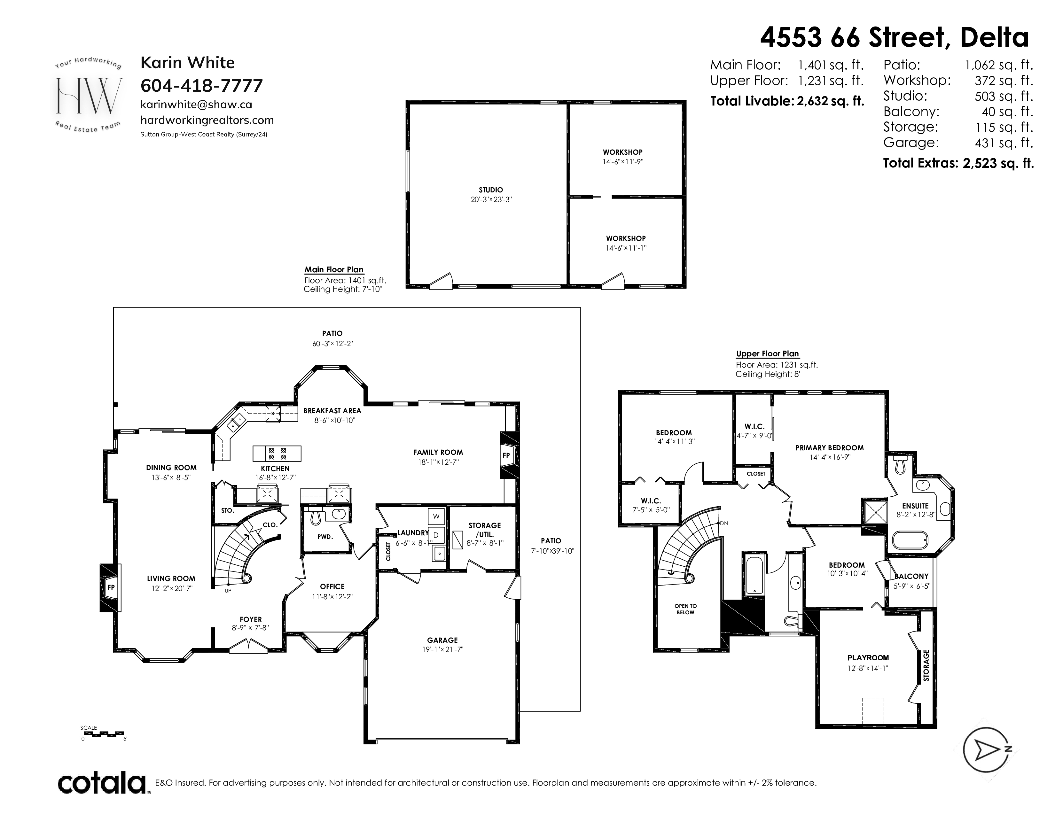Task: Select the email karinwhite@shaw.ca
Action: [196, 104]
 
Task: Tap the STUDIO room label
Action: [491, 190]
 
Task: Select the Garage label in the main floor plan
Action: [442, 640]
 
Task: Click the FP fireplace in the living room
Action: [111, 587]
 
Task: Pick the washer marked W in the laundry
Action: [436, 516]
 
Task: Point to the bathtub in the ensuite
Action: [909, 540]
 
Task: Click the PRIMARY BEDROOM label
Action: [829, 447]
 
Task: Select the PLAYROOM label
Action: [868, 658]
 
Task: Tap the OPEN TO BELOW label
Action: [685, 609]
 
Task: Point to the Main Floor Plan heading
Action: [334, 270]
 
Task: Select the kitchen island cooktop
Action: [277, 454]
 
